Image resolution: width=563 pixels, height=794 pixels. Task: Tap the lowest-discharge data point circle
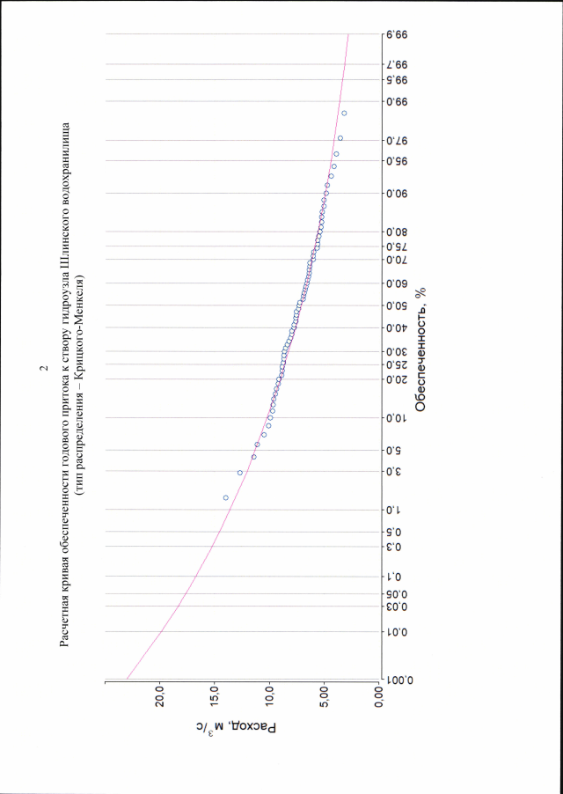click(344, 113)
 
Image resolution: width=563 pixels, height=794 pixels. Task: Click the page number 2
click(45, 368)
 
